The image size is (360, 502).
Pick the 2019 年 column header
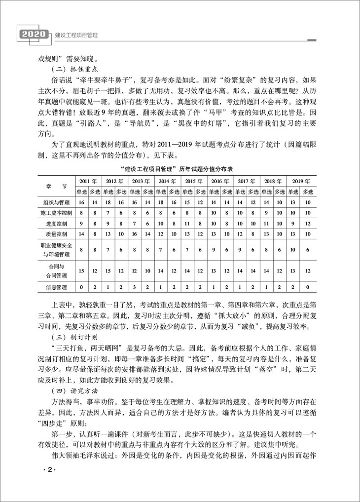[301, 181]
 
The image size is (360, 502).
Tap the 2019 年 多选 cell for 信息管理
[308, 286]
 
